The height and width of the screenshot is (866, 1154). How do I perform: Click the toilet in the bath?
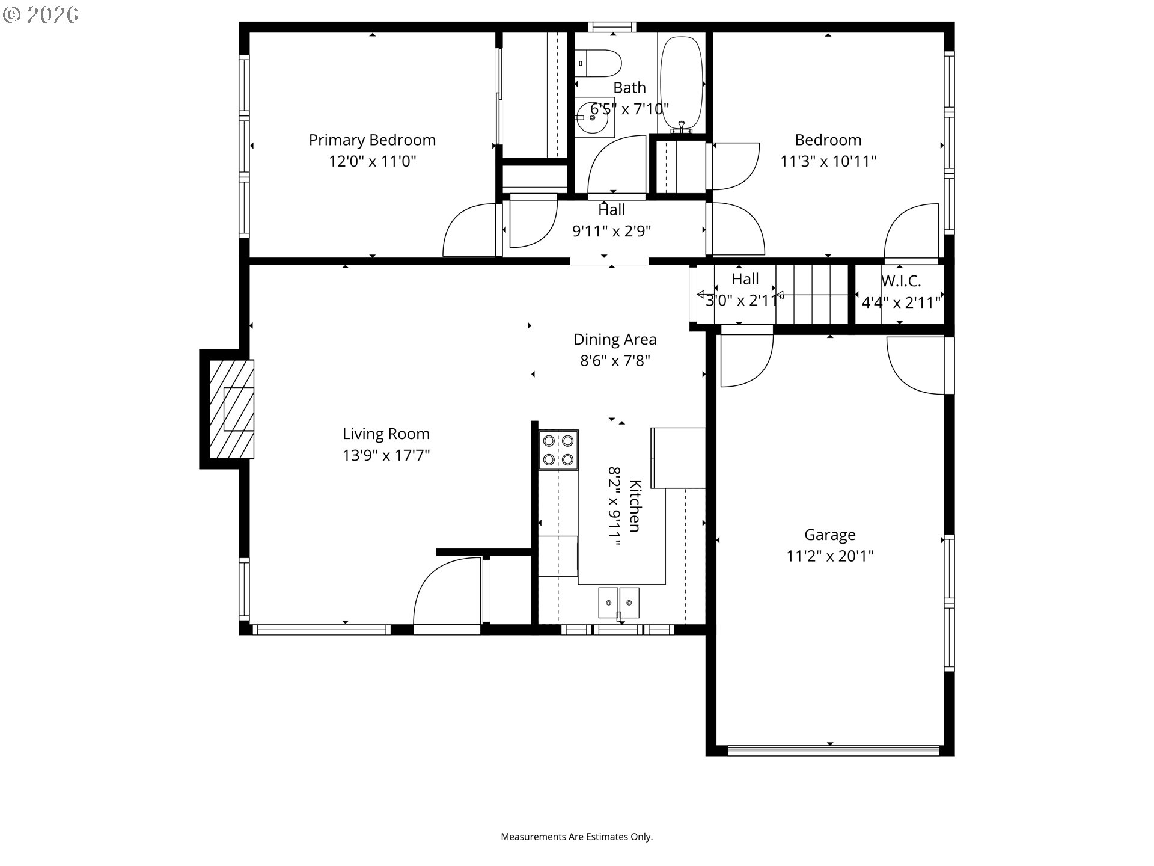pos(597,63)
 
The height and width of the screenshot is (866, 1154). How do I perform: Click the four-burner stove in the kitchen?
pos(558,449)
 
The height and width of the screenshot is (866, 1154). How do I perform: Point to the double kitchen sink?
pos(618,603)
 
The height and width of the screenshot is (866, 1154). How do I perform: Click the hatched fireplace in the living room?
pos(231,409)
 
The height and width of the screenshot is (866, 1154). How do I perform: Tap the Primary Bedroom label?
pos(372,140)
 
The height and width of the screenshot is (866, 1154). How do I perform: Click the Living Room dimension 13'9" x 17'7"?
pos(386,455)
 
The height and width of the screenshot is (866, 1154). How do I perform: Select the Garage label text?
pos(830,535)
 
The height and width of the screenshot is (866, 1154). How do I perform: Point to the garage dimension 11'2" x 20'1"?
pos(830,556)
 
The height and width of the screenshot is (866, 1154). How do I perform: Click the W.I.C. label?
pos(900,281)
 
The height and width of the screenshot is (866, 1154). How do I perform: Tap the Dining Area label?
pos(615,339)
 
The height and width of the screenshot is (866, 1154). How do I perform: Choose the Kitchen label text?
pos(635,506)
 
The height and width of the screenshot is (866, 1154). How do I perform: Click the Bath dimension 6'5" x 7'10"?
pos(629,109)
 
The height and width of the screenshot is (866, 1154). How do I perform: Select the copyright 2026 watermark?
pos(40,15)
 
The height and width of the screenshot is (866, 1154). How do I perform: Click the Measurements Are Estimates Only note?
pos(577,837)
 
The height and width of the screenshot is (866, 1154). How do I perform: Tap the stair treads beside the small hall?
pos(812,295)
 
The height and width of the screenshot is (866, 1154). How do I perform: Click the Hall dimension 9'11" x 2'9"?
pos(612,232)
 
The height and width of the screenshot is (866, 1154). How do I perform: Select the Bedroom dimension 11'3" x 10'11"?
pos(828,161)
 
